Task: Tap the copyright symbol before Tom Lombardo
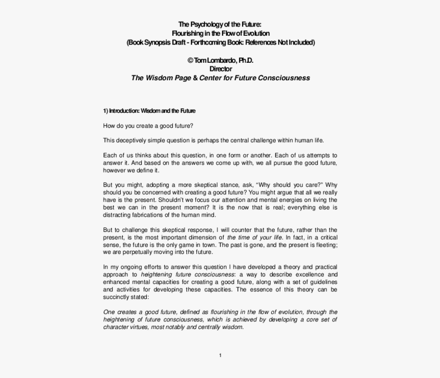tap(190, 60)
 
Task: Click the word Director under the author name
tap(221, 69)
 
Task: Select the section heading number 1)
tap(105, 111)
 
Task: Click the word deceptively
tap(132, 140)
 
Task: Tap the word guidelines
tap(322, 282)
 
